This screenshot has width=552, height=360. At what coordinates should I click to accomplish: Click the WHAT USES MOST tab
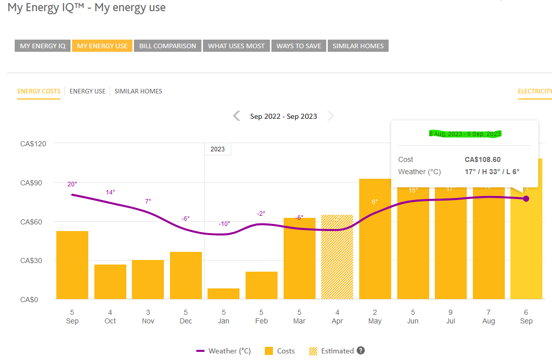coord(236,46)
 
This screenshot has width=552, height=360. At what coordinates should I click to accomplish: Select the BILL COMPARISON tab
coord(167,46)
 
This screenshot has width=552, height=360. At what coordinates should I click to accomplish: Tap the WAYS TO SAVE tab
coord(298,46)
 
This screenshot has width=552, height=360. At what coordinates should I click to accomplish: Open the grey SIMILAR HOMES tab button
coord(358,46)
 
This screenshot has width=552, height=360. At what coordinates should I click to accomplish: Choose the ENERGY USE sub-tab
coord(87,91)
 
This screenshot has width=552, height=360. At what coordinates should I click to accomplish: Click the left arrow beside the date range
coord(236,116)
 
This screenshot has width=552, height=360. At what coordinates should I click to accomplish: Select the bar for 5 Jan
coord(223,294)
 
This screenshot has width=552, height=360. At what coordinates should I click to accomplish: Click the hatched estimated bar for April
coord(337,257)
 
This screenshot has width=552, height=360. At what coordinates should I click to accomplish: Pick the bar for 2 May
coord(375,239)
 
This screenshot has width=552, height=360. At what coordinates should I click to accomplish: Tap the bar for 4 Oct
coord(110,282)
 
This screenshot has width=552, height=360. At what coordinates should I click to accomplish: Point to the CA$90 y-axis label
coord(33,183)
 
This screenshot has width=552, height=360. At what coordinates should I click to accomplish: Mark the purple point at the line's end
coord(526,199)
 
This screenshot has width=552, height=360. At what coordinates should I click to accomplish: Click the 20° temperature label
coord(72,184)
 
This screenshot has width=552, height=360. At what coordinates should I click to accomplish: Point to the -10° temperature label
coord(224,224)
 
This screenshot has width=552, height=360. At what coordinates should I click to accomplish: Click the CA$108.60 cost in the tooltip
coord(482,159)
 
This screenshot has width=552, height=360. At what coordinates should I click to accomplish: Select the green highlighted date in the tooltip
coord(465,134)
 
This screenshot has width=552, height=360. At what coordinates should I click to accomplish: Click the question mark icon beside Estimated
coord(361,350)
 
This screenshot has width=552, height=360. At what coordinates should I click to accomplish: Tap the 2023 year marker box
coord(217,149)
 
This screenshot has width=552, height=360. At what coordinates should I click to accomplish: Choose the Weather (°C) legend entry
coord(224,351)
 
